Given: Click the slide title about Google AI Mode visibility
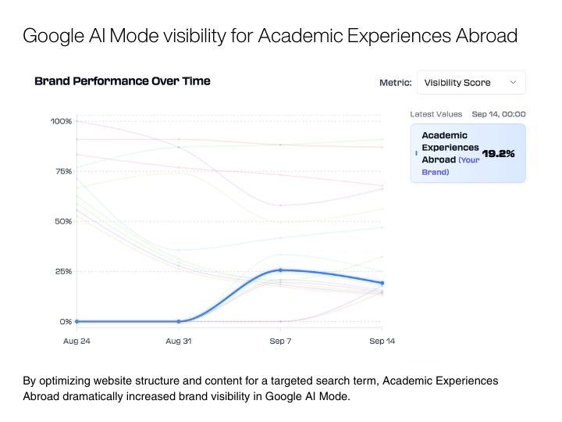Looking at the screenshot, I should point(270,36).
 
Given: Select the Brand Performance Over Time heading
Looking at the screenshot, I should point(123,80).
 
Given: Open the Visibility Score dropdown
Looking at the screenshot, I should point(471,82).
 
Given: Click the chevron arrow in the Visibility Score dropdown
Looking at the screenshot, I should point(513,82).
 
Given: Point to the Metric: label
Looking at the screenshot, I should point(395,82).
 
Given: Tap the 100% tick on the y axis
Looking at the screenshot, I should point(61,121).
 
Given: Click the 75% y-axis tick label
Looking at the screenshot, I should point(62,171).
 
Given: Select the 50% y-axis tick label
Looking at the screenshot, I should point(62,221).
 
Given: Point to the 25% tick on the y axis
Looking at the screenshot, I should point(62,271).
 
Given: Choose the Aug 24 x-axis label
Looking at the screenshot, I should point(76,341).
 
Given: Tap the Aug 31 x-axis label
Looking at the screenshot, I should point(179,341).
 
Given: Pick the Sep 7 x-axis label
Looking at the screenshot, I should point(280,341).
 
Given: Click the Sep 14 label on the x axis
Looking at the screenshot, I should point(381,341).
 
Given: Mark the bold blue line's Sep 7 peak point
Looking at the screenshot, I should point(280,270).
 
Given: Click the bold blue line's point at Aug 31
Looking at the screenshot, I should point(179,321).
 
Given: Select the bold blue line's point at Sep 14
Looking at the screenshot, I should point(382,283).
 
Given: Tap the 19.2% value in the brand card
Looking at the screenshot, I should point(498,154).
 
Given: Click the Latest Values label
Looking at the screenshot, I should point(436,114).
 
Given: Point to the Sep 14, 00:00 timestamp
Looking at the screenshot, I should point(498,114).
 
